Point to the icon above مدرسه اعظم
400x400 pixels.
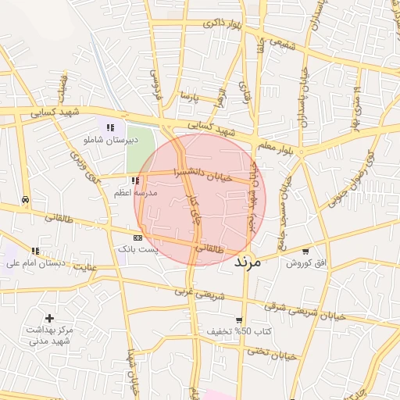[135, 180]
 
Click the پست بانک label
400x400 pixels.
[137, 248]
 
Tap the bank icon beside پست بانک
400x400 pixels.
[137, 237]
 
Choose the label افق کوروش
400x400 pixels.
[304, 263]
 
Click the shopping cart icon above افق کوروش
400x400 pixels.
[305, 252]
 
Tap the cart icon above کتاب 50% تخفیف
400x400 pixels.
[238, 320]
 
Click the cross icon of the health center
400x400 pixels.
[49, 318]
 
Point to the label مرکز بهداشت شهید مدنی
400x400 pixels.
[48, 335]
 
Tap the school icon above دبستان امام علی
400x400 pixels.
[34, 251]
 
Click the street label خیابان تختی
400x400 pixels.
[273, 353]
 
